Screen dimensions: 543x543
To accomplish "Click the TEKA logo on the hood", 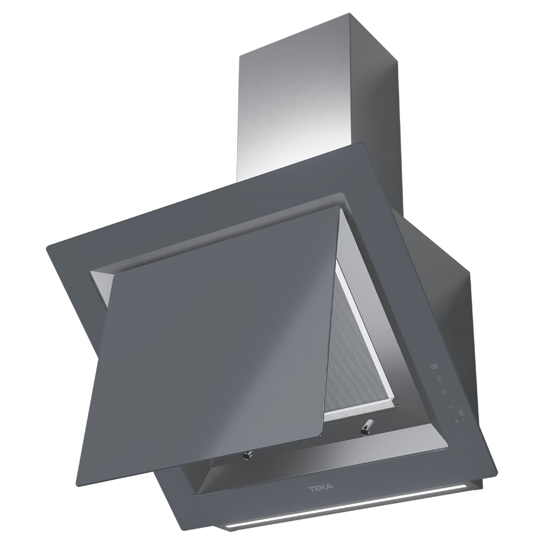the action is tap(320, 487).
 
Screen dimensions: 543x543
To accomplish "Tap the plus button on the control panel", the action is tap(457, 422).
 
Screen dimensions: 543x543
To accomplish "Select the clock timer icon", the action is tap(439, 377).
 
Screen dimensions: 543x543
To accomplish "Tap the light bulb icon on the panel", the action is tap(445, 392).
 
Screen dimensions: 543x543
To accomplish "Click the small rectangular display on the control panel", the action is tap(434, 366).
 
